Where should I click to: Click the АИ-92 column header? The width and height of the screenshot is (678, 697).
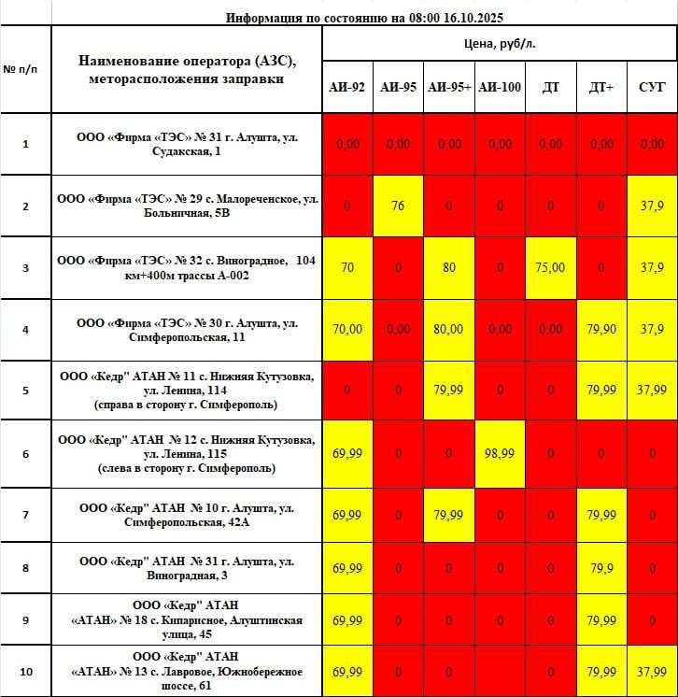(x=347, y=87)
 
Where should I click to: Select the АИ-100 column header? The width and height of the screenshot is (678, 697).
(x=500, y=87)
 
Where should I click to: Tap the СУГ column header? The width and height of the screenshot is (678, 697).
(x=652, y=87)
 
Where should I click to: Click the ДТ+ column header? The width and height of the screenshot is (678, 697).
(x=601, y=87)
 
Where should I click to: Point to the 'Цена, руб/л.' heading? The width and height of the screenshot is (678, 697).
(x=500, y=44)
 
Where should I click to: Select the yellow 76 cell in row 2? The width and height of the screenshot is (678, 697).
(x=398, y=206)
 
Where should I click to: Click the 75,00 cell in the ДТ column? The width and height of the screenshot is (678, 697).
(x=551, y=267)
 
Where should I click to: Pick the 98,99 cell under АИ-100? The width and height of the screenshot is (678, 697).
(x=500, y=453)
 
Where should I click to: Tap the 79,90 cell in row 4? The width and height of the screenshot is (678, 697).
(x=601, y=329)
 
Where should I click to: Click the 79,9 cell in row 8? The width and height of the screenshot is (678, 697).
(x=601, y=568)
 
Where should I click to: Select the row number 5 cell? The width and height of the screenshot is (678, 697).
(x=25, y=391)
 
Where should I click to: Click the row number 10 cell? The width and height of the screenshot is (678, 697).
(x=25, y=671)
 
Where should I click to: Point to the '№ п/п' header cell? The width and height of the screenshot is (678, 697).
(x=25, y=70)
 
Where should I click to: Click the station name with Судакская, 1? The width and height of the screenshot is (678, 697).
(x=187, y=144)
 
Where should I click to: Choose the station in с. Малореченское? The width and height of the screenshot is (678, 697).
(x=187, y=206)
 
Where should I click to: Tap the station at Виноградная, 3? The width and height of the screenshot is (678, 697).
(x=187, y=568)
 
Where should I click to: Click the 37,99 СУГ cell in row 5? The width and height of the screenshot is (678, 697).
(x=652, y=391)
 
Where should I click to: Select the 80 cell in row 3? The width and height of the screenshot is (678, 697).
(x=448, y=267)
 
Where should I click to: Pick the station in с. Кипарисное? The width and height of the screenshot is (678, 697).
(x=187, y=620)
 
